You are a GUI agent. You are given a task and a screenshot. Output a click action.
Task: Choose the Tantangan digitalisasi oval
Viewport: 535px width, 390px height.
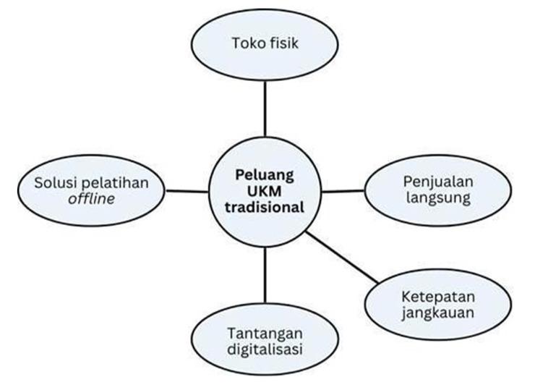265,339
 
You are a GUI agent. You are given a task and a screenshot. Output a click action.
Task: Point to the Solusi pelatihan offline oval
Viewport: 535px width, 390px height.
92,189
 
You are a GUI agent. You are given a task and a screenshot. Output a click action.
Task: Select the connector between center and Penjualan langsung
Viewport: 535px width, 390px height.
343,191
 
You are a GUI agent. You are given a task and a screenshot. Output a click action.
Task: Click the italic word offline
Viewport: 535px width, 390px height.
91,198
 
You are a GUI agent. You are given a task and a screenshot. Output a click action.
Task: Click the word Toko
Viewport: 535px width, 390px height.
247,44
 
